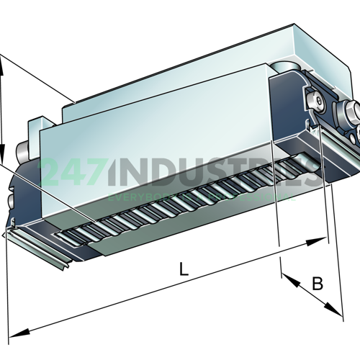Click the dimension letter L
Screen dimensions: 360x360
pyautogui.click(x=184, y=270)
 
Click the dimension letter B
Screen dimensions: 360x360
pyautogui.click(x=317, y=283)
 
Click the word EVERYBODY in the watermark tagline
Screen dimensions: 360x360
pyautogui.click(x=137, y=195)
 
